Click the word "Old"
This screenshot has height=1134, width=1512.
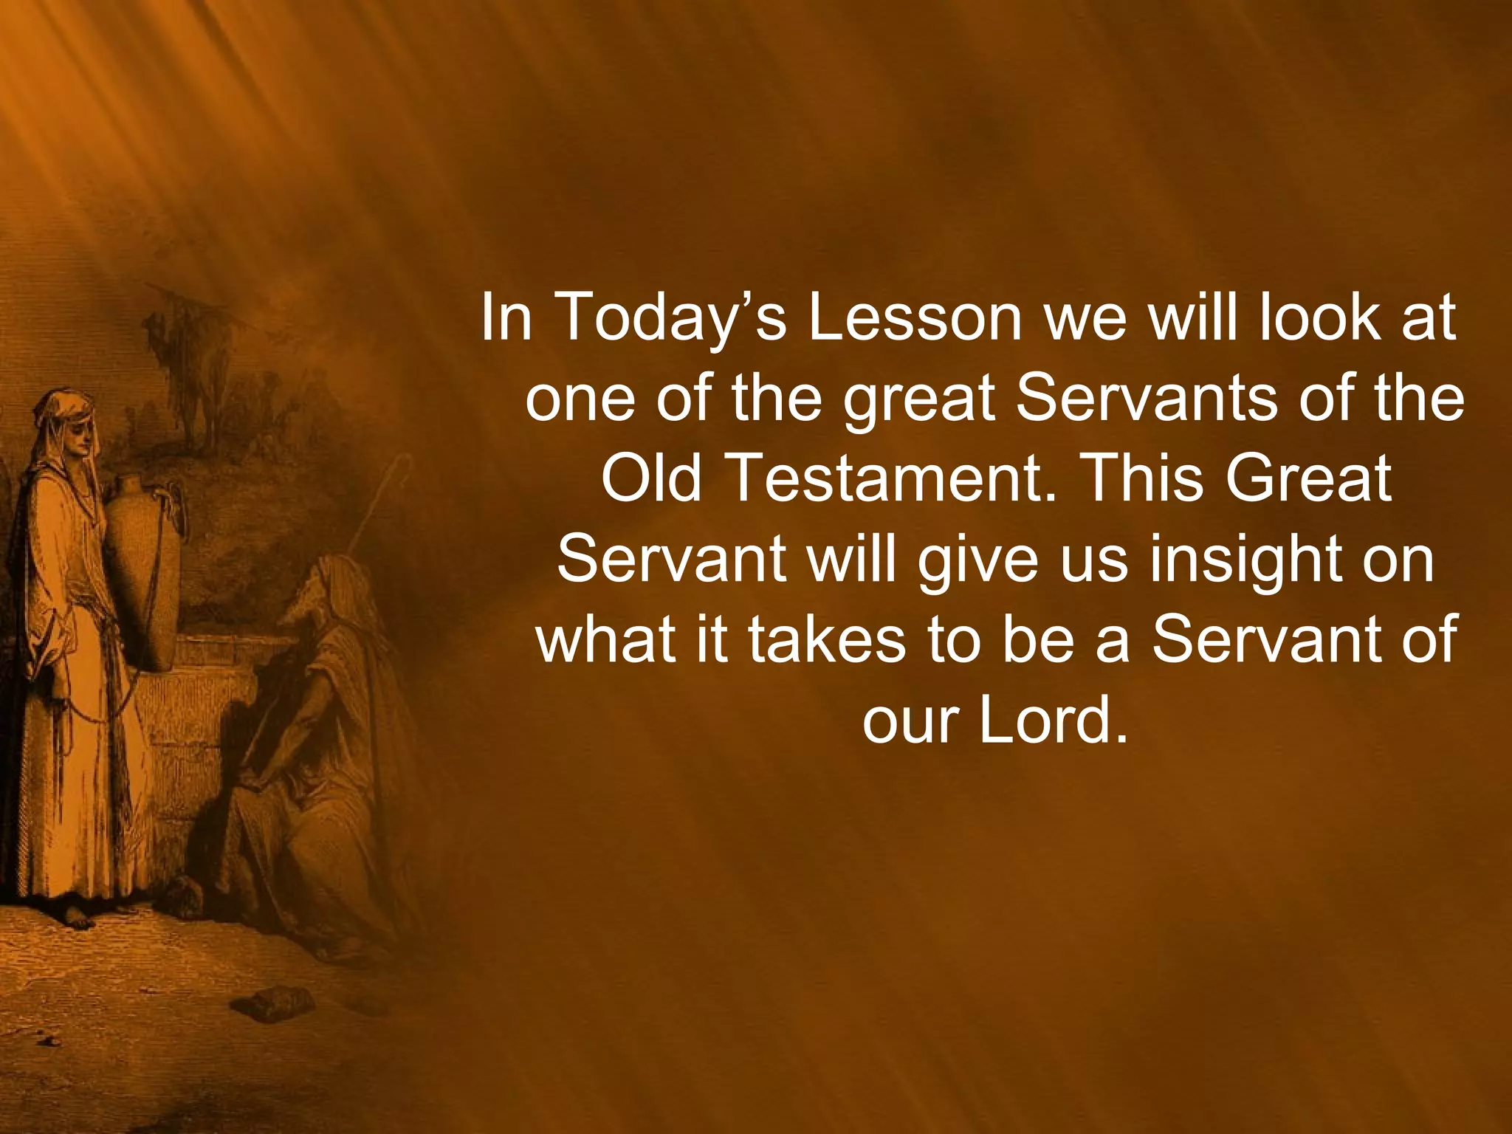point(650,478)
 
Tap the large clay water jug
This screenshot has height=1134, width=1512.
point(144,568)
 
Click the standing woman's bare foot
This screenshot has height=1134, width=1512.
point(78,919)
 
